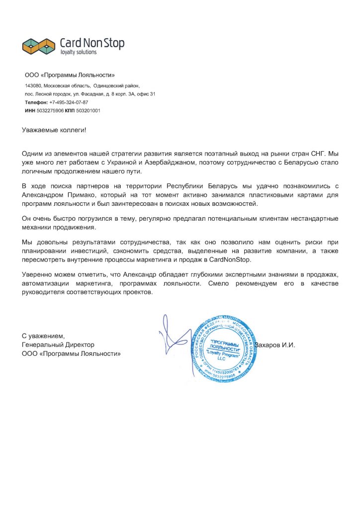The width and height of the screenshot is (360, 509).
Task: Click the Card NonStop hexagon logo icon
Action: tap(38, 46)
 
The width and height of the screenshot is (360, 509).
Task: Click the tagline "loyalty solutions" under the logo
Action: tap(78, 52)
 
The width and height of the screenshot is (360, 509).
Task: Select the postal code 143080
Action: tap(33, 86)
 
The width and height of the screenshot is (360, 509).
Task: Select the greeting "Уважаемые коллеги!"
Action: tap(54, 130)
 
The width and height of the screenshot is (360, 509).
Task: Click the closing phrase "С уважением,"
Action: tap(44, 336)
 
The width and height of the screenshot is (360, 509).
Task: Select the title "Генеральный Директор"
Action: tap(58, 344)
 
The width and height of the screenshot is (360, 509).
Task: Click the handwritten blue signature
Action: tap(174, 338)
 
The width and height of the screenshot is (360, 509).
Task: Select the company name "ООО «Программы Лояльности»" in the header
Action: tap(70, 76)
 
